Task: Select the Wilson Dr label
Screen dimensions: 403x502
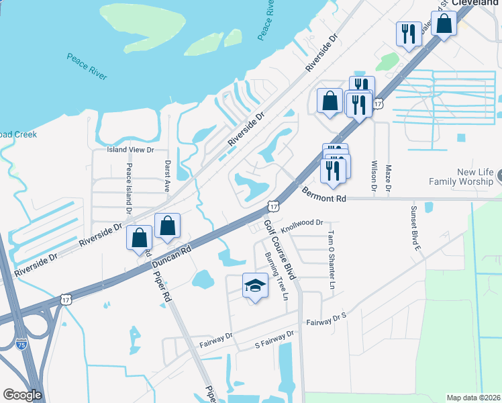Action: coord(374,177)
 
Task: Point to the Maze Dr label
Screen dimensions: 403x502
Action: coord(389,181)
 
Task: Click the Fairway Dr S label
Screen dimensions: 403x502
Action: coord(325,319)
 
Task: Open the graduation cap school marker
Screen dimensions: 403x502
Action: coord(255,287)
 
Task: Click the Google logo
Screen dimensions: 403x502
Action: coord(22,395)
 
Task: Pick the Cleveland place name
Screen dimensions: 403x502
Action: coord(476,3)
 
